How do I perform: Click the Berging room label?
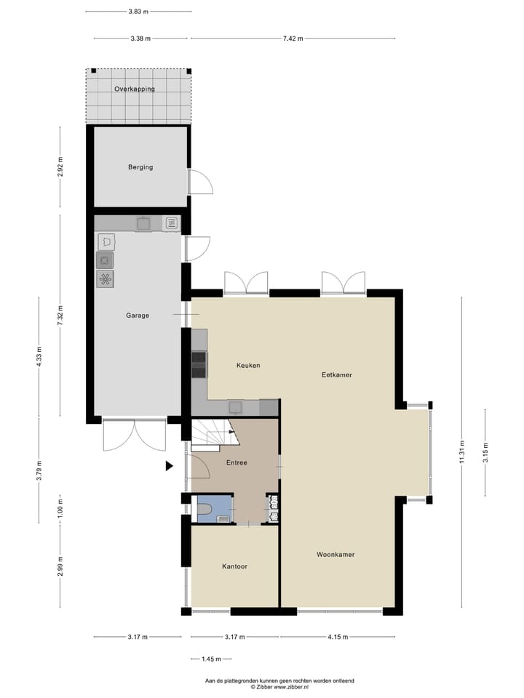[x=140, y=167]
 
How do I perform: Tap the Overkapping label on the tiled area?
[x=134, y=89]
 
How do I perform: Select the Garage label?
[x=138, y=316]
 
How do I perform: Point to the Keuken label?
[x=248, y=365]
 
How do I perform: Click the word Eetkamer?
[x=337, y=375]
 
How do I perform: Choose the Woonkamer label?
[x=336, y=555]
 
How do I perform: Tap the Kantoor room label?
[x=234, y=566]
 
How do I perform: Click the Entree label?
[x=237, y=462]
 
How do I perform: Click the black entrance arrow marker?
[x=170, y=466]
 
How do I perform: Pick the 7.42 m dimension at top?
[x=292, y=39]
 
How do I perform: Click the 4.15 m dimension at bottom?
[x=337, y=637]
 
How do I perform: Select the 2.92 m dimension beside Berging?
[x=60, y=167]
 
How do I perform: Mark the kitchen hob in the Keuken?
[x=199, y=364]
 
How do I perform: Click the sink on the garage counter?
[x=143, y=223]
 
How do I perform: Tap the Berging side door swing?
[x=201, y=182]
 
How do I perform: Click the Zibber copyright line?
[x=279, y=686]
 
